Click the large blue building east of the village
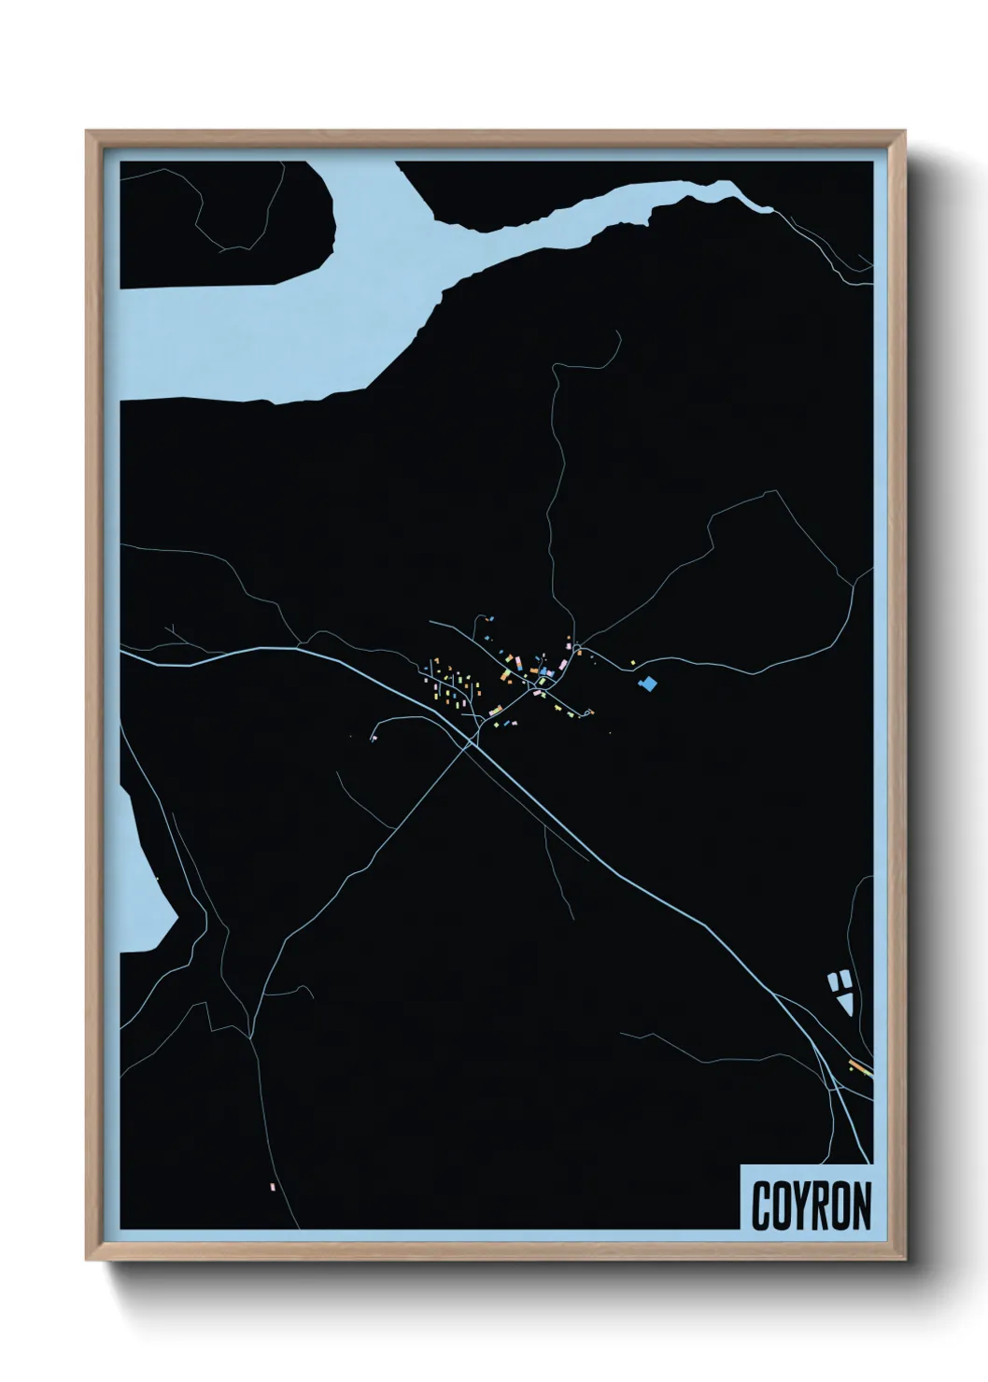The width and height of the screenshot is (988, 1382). pyautogui.click(x=647, y=684)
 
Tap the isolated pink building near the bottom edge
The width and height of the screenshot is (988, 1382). pyautogui.click(x=273, y=1187)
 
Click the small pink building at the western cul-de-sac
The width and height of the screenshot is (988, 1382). pyautogui.click(x=374, y=739)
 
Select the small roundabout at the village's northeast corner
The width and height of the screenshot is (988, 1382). pyautogui.click(x=578, y=647)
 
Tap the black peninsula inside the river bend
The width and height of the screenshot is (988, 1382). pyautogui.click(x=224, y=224)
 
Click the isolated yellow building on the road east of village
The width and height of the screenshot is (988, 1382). pyautogui.click(x=633, y=662)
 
